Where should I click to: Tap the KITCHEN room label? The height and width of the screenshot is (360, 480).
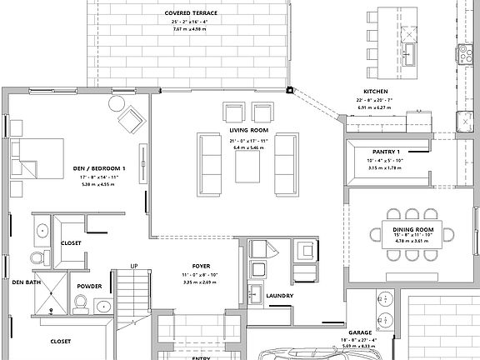[x=375, y=91]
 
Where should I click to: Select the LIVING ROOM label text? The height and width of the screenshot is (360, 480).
[x=248, y=131]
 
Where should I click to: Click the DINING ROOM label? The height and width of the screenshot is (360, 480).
[x=413, y=228]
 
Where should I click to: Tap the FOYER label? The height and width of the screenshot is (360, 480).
[x=201, y=266]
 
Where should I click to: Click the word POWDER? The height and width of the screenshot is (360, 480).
[x=89, y=286]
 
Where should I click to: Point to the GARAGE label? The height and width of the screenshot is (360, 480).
[x=359, y=332]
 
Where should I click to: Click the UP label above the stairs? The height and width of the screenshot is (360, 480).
[x=133, y=266]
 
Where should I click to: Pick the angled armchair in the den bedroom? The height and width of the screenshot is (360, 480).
[x=131, y=122]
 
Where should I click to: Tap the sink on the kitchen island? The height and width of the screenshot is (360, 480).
[x=408, y=56]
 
